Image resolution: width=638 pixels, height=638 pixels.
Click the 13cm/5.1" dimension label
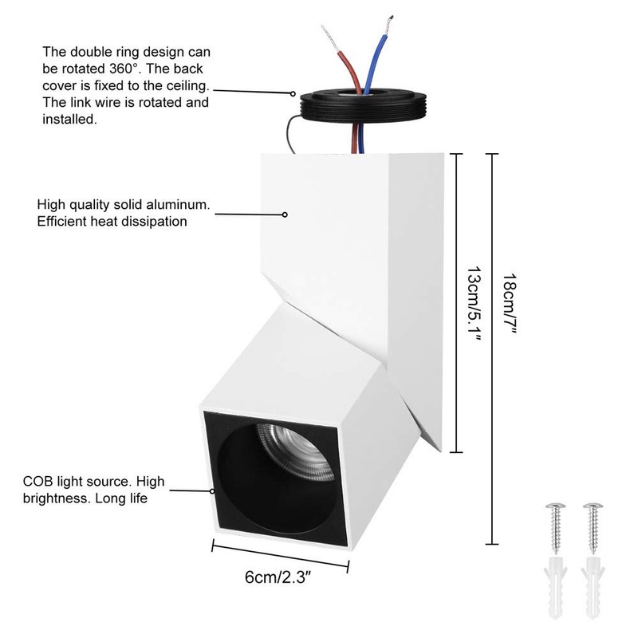tap(474, 304)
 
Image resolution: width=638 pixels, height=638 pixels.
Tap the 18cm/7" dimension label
tap(510, 304)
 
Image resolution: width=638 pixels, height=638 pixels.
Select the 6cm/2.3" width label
tap(278, 577)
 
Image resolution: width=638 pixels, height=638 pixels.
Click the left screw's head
tap(555, 506)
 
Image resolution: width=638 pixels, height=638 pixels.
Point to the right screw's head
tap(593, 506)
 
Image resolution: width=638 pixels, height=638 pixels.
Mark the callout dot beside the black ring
tap(293, 93)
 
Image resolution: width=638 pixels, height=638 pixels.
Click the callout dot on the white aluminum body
tap(285, 215)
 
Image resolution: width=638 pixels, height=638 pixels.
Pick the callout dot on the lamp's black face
tap(212, 491)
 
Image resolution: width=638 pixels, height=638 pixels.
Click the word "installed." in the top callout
tap(69, 119)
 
